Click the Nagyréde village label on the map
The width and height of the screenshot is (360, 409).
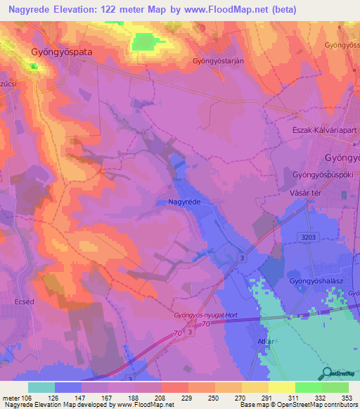[186, 202]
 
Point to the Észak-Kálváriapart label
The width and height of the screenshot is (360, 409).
[322, 138]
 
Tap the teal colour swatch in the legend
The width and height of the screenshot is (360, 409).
[41, 388]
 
